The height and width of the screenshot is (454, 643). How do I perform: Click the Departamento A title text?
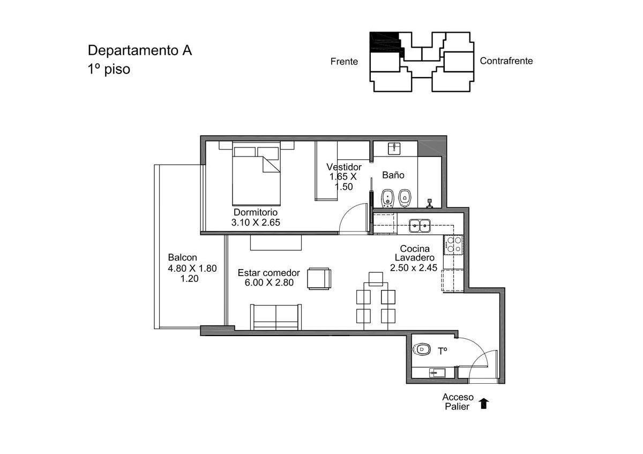coord(140,50)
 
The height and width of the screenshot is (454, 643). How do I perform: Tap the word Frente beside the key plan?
coord(344,62)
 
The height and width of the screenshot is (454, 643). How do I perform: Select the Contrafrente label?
coord(506,61)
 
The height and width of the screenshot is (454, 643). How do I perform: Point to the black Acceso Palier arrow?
coord(484,403)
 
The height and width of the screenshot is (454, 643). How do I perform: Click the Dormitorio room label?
coord(256,212)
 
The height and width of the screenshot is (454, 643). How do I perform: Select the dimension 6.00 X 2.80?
coord(269,282)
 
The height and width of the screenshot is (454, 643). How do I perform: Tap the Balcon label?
coord(183,257)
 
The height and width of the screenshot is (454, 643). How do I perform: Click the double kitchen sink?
coord(420,226)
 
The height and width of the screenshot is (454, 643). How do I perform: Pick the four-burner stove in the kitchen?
coord(453,244)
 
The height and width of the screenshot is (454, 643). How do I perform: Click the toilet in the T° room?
coord(421,349)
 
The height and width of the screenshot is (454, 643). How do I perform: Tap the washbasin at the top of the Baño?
coord(395,148)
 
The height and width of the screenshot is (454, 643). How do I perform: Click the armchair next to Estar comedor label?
coord(319,278)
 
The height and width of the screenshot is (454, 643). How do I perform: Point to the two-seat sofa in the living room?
coord(276,317)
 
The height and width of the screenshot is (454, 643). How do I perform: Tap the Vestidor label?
coord(344,167)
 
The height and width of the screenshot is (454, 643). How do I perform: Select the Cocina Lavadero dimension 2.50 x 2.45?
coord(413,267)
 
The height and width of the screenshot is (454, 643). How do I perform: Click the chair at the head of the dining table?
coord(376,279)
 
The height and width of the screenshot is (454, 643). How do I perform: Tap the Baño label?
coord(393,175)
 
